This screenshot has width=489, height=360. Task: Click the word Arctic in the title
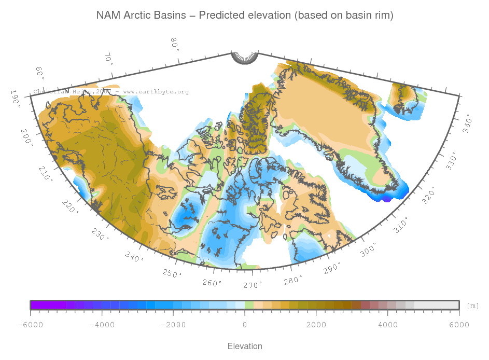pyautogui.click(x=138, y=16)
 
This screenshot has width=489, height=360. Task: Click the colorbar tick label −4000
pyautogui.click(x=102, y=325)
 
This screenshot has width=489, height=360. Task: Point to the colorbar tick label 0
pyautogui.click(x=245, y=325)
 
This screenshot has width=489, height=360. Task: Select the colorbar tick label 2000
pyautogui.click(x=316, y=325)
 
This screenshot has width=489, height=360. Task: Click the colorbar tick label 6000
pyautogui.click(x=459, y=325)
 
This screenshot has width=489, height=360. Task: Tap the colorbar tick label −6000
pyautogui.click(x=30, y=325)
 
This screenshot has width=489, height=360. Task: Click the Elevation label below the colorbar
pyautogui.click(x=245, y=346)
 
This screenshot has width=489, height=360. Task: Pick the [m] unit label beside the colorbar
pyautogui.click(x=472, y=306)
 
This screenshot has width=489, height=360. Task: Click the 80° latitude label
pyautogui.click(x=175, y=45)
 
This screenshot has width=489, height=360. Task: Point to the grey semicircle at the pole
pyautogui.click(x=244, y=58)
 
